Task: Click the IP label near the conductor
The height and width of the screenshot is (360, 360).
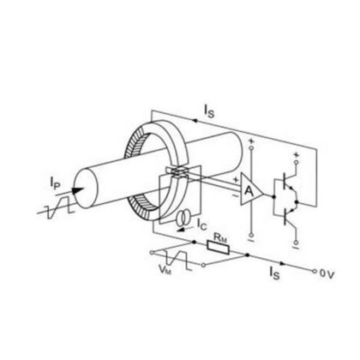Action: coord(55,183)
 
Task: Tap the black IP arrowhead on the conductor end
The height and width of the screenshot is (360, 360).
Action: coord(78,190)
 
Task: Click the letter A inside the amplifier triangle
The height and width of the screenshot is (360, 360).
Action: coord(249,191)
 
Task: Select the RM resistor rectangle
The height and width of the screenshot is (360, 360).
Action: coord(219,248)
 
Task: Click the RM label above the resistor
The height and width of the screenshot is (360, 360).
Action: coord(220,237)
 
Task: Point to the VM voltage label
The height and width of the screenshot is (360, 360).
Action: coord(165,269)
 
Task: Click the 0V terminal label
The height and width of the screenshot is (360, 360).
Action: coord(327,274)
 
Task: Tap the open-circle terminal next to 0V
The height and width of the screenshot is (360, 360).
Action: coord(315,271)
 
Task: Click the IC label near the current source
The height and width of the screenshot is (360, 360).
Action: coord(201,225)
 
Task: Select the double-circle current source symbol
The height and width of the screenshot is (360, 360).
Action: coord(183,218)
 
